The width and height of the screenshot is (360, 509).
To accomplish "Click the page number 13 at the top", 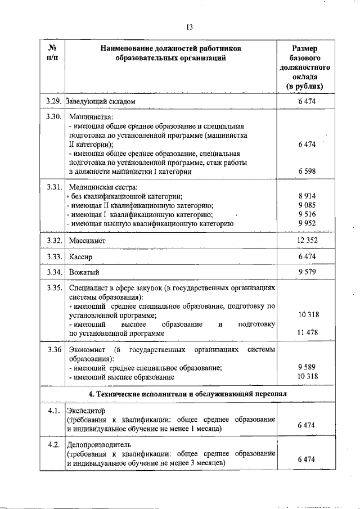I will click(x=188, y=27).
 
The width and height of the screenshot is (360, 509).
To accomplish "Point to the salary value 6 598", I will click(x=308, y=171).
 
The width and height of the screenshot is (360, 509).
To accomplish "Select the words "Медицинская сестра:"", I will click(x=103, y=187).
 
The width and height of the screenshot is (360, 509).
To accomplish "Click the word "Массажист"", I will click(x=87, y=241).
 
